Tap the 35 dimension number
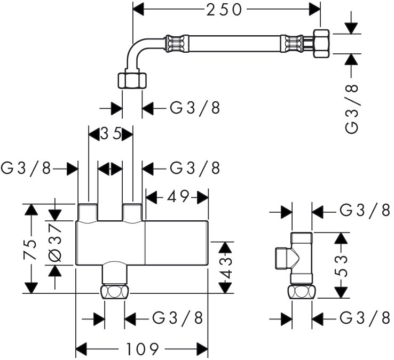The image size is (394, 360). tap(111, 134)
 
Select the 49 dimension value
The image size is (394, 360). tap(177, 197)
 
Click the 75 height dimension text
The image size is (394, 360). tap(30, 249)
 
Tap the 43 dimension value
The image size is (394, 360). tap(227, 267)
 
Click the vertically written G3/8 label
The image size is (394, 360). tap(353, 108)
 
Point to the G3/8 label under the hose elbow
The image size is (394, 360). tap(195, 108)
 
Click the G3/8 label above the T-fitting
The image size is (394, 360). tap(365, 210)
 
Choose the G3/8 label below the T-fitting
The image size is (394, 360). tap(365, 318)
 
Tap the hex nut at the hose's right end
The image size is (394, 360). tap(322, 43)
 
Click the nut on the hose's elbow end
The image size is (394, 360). tap(131, 81)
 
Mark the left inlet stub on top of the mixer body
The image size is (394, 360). tap(87, 213)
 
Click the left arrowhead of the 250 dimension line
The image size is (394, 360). tap(138, 9)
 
